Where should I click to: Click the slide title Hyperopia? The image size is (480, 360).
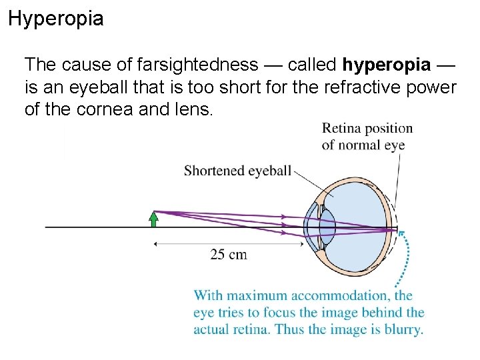56,19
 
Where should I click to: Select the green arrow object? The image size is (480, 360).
154,219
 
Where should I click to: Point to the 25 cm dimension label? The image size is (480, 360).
228,255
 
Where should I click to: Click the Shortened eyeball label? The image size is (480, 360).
237,171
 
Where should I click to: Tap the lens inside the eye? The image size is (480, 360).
327,227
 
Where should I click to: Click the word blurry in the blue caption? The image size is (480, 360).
402,329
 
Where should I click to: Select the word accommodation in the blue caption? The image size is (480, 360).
345,295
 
